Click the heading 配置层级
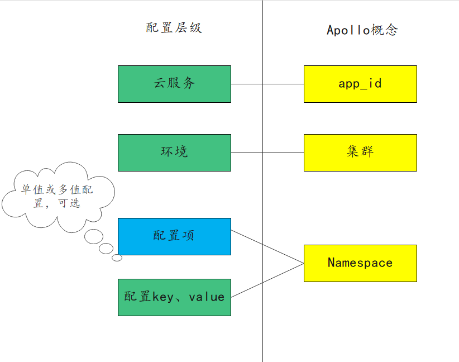(174, 28)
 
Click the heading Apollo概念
(362, 30)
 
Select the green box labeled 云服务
(174, 84)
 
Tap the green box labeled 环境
(174, 153)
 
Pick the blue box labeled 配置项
(174, 236)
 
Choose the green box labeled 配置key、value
(174, 297)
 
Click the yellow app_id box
(360, 84)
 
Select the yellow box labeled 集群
(360, 153)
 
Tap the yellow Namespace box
(360, 263)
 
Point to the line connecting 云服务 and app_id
(267, 84)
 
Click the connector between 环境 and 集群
(267, 153)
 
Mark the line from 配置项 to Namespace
(267, 246)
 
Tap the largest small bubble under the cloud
(93, 237)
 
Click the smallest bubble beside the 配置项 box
(117, 258)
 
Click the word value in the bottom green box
(207, 297)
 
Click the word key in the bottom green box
(162, 297)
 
